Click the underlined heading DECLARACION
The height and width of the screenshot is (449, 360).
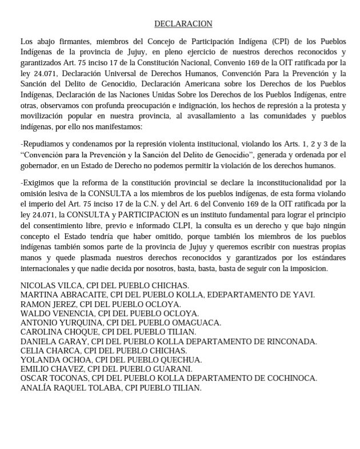pos(183,24)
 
